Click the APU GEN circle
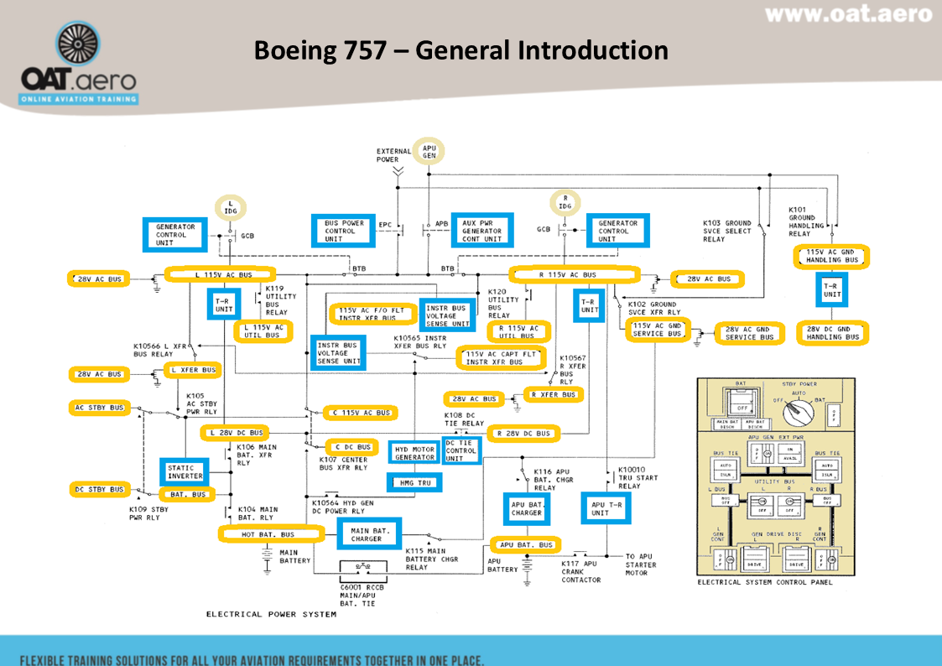[x=429, y=151]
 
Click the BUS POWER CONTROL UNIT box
[x=345, y=231]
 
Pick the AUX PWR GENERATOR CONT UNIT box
[x=482, y=231]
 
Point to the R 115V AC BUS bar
[x=574, y=274]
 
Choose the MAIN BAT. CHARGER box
[x=369, y=534]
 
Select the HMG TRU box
[x=414, y=483]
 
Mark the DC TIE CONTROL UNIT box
[x=460, y=451]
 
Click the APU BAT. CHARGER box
[x=527, y=508]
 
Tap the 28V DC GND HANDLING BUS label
[x=832, y=333]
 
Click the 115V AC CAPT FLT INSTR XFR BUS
[x=500, y=358]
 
